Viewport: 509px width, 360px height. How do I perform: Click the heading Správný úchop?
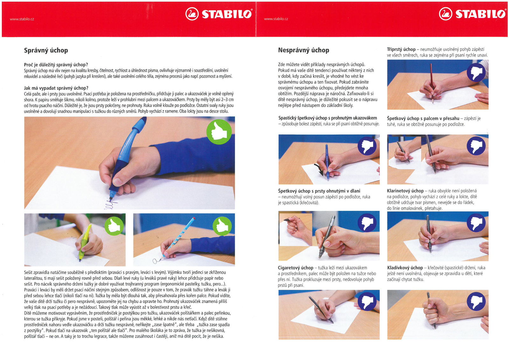(46, 50)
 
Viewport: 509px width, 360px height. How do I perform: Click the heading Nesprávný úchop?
(303, 50)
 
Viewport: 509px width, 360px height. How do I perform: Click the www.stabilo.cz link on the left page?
(22, 19)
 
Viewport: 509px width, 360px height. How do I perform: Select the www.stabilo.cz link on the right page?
(276, 19)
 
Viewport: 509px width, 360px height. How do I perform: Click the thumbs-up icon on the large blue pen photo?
(219, 132)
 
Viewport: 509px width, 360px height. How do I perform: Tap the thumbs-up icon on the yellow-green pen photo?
(114, 226)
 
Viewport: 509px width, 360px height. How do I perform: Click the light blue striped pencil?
(178, 238)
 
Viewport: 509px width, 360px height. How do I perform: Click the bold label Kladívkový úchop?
(405, 268)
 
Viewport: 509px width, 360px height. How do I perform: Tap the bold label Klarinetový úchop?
(405, 191)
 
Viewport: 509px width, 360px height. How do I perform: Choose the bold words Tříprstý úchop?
(401, 49)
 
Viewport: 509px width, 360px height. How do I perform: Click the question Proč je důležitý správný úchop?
(56, 65)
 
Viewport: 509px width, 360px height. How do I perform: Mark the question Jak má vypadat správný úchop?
(56, 88)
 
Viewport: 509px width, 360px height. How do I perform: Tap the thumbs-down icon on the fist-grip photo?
(476, 301)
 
